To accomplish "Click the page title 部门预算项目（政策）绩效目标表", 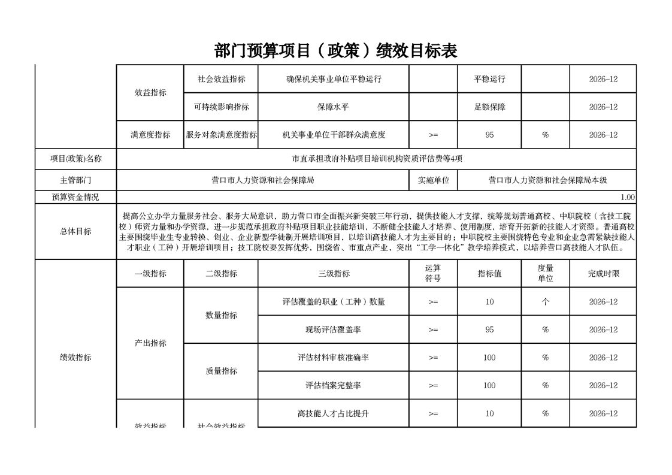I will (x=335, y=51).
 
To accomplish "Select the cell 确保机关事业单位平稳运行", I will (x=334, y=79).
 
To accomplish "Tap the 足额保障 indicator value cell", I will (x=489, y=107).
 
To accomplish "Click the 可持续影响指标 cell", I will (x=221, y=107).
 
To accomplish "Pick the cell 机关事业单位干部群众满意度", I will (x=334, y=135).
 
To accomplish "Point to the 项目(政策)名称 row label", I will (x=76, y=159).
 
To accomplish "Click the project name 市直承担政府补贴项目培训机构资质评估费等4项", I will (x=377, y=159).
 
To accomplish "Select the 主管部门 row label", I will (x=76, y=180).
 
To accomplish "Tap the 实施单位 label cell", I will (x=433, y=180).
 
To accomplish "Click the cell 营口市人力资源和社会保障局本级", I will (x=547, y=180).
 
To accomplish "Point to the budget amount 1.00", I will (x=627, y=197).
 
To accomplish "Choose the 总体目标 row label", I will (x=76, y=231).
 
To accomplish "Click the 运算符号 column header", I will (x=433, y=274).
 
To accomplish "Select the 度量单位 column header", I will (x=545, y=274).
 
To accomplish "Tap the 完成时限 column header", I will (x=603, y=274).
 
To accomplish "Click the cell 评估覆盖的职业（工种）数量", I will (x=334, y=302).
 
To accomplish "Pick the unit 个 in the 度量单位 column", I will (x=545, y=302).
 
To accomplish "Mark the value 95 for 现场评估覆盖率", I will (x=489, y=329).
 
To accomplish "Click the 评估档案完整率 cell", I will (x=334, y=385).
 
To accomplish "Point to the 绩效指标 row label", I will (x=76, y=358).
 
